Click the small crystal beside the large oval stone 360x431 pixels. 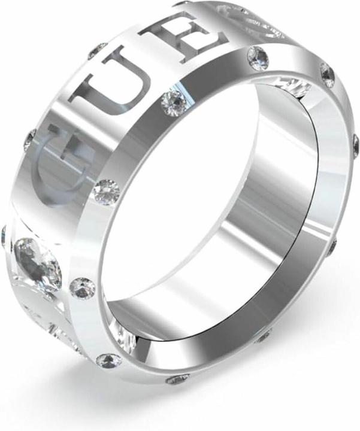click(83, 288)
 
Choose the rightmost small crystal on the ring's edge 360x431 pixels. click(355, 144)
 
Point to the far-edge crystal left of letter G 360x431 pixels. click(29, 141)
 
